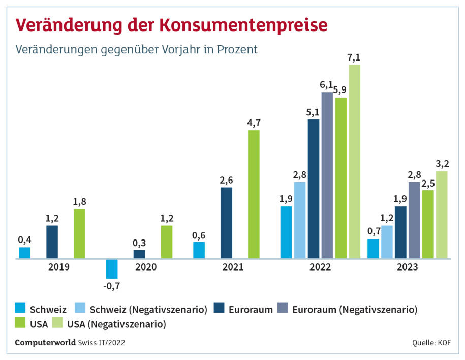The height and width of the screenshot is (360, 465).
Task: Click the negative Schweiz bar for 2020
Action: click(112, 268)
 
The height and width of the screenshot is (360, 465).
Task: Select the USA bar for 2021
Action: click(254, 195)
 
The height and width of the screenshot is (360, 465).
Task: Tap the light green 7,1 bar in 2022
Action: click(354, 162)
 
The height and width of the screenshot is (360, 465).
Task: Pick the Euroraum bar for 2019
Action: click(52, 242)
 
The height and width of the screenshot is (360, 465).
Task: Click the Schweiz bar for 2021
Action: click(199, 250)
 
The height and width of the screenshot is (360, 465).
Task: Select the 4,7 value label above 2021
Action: click(254, 123)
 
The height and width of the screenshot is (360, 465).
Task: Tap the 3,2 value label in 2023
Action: click(442, 164)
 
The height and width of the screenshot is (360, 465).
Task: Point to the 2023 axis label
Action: click(408, 266)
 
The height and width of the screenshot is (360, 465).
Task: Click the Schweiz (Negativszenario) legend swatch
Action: click(80, 308)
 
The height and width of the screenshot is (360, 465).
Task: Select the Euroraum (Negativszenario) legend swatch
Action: click(283, 308)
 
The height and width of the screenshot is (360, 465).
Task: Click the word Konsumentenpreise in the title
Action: click(243, 25)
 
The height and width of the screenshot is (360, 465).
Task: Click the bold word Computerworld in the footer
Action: click(45, 343)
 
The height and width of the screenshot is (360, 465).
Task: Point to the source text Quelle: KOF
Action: click(431, 343)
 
